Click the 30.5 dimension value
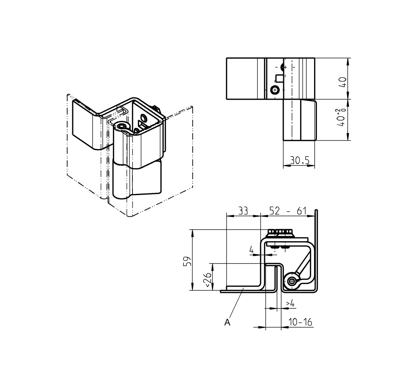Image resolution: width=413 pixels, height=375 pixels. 299,160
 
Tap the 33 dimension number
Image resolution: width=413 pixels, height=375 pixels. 243,212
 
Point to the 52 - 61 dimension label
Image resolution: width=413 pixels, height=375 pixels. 287,212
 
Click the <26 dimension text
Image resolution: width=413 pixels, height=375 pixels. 208,280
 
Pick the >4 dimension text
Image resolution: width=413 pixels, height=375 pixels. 290,303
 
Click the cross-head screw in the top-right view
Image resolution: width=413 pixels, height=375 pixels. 275,90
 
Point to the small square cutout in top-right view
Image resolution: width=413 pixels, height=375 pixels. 279,78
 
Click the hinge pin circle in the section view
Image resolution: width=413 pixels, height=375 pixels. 291,281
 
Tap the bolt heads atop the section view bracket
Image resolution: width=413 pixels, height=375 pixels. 280,233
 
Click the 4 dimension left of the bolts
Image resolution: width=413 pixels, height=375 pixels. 251,249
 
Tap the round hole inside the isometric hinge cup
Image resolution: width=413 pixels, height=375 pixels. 143,117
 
